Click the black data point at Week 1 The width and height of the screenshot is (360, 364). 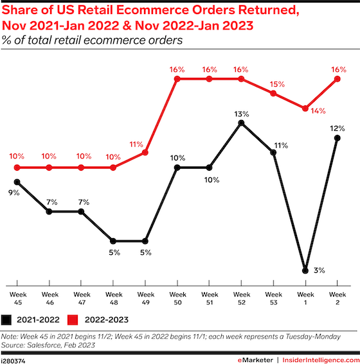[305, 271]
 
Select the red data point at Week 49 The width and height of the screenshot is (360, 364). [145, 153]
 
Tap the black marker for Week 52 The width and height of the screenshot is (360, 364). [242, 123]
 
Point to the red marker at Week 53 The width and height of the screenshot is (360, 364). [274, 94]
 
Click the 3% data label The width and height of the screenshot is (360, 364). [319, 270]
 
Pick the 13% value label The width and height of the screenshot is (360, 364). [242, 114]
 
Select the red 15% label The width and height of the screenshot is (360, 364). [277, 84]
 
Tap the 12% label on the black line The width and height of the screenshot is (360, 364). [337, 128]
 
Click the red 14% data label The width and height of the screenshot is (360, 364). [318, 111]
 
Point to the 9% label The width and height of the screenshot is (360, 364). [14, 193]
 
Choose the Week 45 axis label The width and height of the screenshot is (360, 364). [18, 299]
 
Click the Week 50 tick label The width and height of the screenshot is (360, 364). [177, 299]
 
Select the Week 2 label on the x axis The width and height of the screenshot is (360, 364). [337, 299]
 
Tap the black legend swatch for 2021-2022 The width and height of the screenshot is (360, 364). [6, 320]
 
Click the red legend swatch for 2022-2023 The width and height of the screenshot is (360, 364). [73, 320]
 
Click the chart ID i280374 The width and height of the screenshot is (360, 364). [13, 361]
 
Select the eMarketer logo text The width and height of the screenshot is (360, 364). [255, 360]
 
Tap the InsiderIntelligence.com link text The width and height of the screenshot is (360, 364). [321, 360]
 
